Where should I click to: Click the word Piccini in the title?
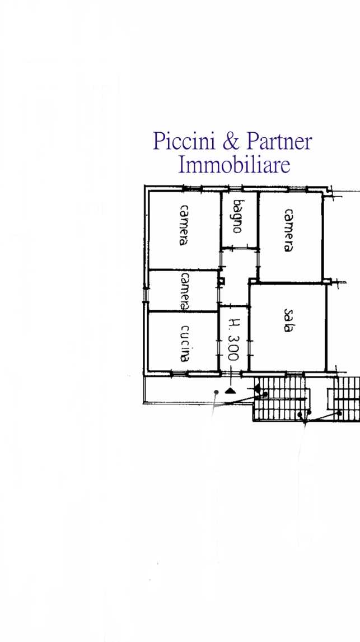185,141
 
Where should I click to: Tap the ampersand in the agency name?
231,141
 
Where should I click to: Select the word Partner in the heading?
279,141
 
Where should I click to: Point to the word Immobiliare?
234,165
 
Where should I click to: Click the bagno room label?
239,216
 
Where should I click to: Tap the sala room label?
289,320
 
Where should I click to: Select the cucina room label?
185,343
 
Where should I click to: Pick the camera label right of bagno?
289,230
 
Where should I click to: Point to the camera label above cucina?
185,291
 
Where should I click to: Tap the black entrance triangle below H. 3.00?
230,390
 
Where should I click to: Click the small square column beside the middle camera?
221,281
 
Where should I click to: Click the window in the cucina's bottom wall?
179,373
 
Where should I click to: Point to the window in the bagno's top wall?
235,188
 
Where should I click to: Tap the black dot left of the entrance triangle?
216,392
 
